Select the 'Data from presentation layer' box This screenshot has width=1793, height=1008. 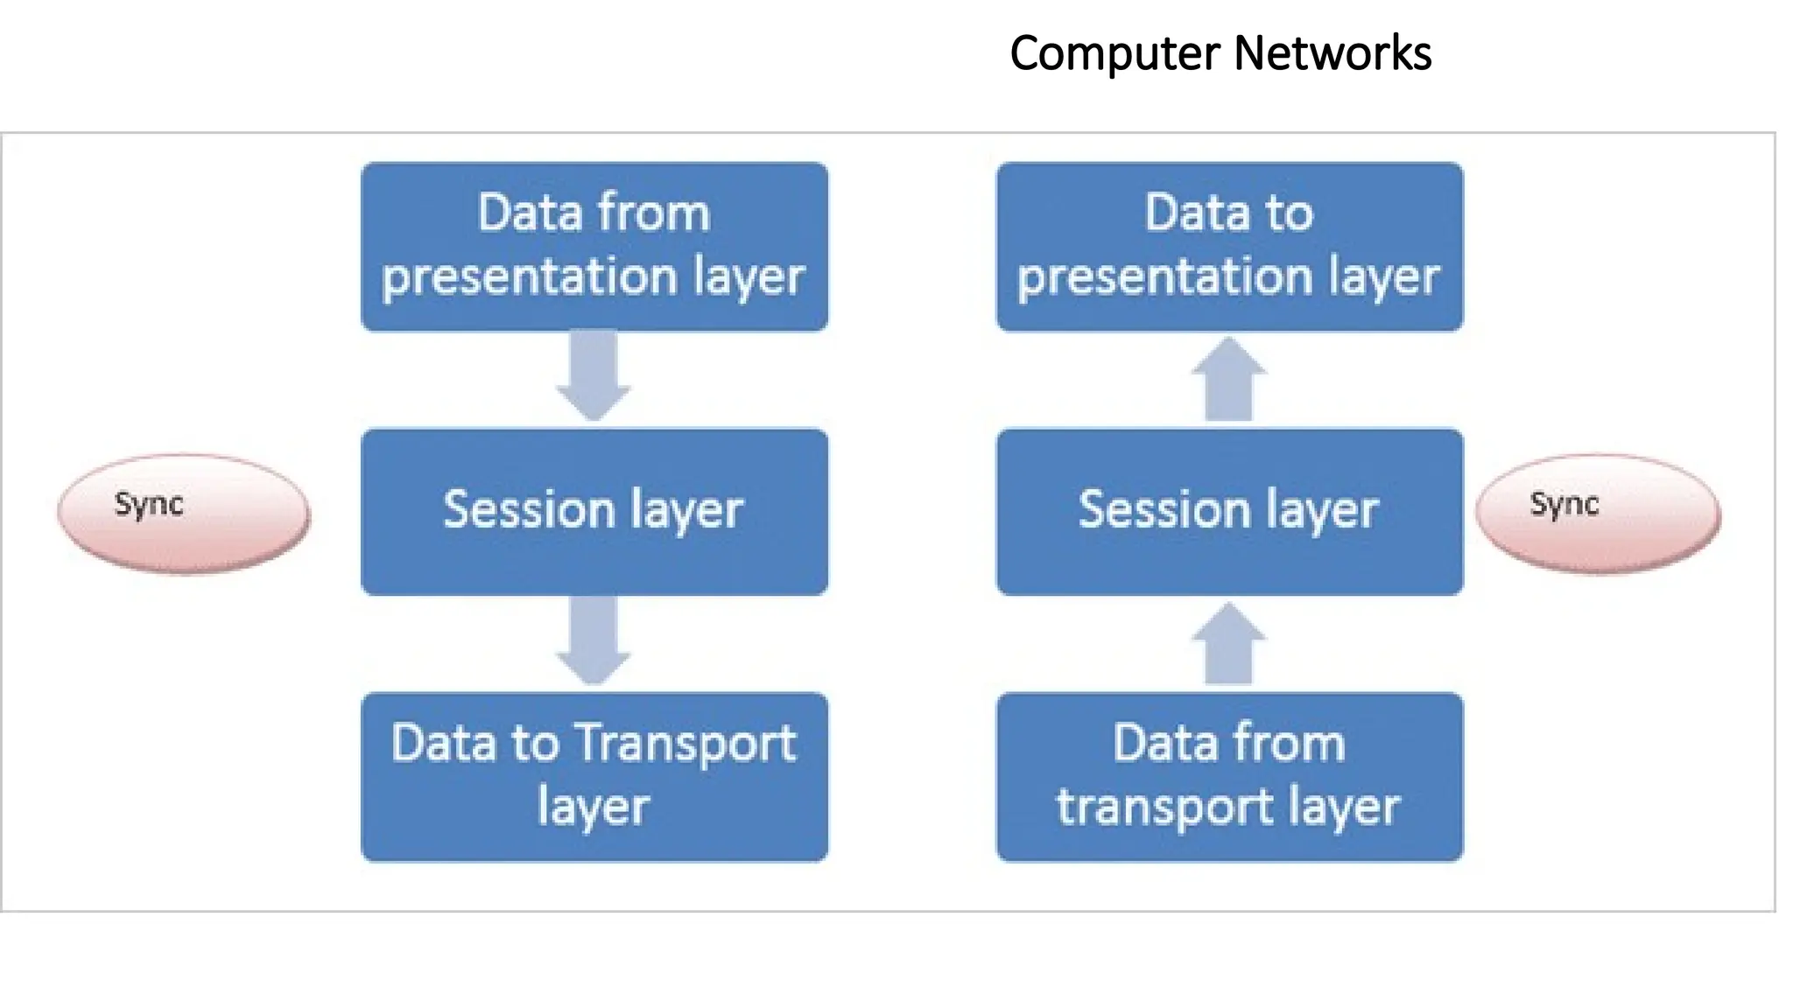594,246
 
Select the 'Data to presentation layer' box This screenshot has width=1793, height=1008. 1229,246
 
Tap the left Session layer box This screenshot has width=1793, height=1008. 594,512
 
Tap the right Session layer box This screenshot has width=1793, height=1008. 1229,512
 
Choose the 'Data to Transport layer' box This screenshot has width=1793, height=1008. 594,777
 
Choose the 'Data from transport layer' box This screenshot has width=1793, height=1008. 1229,777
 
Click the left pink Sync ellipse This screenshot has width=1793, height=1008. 184,514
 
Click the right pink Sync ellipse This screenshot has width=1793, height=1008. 1598,514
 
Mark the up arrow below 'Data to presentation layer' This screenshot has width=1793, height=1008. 1229,380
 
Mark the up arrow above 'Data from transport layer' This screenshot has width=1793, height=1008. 1229,645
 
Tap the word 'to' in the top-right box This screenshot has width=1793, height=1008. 1287,213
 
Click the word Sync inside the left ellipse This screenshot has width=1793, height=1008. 149,504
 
